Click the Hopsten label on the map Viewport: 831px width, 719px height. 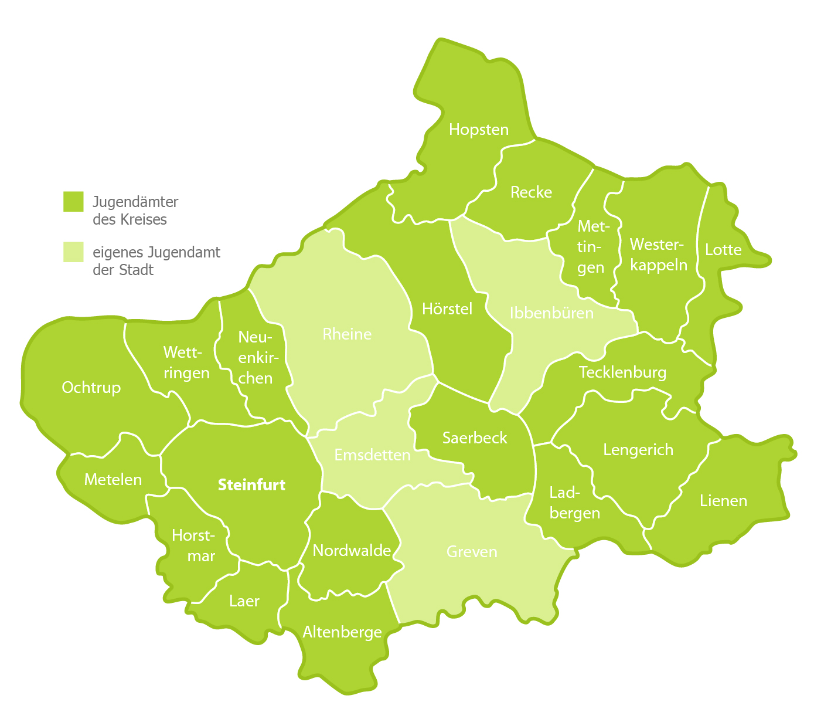(479, 130)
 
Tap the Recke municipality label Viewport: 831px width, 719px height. (531, 192)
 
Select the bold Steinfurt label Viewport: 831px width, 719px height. (251, 485)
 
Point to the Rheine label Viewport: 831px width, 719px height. (347, 334)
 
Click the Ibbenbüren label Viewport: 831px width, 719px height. (551, 313)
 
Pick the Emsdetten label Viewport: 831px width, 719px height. (372, 455)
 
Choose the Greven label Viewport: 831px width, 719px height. (472, 552)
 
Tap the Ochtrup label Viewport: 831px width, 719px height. (91, 388)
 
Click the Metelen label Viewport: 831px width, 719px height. (113, 480)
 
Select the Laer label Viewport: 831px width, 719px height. (244, 601)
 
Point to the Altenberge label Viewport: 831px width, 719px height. (342, 632)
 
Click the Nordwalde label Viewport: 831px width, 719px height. (352, 551)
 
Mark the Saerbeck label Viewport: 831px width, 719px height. (475, 438)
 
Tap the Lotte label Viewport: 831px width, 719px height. (723, 250)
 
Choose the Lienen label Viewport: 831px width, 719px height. (723, 501)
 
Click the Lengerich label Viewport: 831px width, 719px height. (638, 450)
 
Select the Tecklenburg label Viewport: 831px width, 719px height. (622, 372)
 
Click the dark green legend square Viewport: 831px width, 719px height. (73, 201)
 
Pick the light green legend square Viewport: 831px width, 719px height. (73, 252)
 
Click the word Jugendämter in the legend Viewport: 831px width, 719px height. (135, 202)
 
